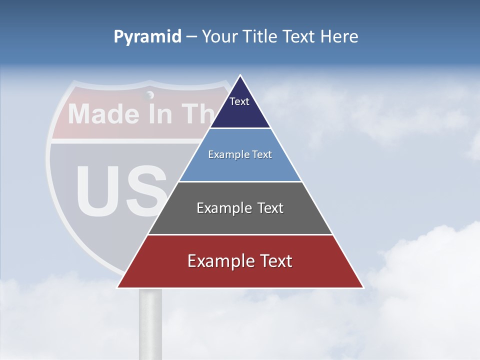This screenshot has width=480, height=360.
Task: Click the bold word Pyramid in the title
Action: pyautogui.click(x=147, y=37)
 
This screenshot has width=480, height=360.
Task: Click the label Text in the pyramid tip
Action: pyautogui.click(x=239, y=101)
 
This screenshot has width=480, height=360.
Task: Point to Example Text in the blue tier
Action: pyautogui.click(x=240, y=154)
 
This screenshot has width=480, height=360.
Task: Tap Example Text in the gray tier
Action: pyautogui.click(x=240, y=208)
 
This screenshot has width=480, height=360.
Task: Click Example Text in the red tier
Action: pyautogui.click(x=240, y=261)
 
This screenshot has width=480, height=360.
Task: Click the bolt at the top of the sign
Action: pyautogui.click(x=149, y=95)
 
